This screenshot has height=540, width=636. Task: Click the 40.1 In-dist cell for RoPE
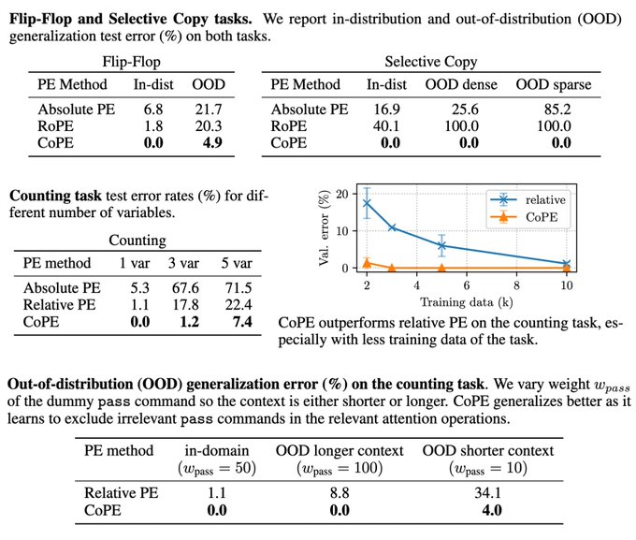[376, 126]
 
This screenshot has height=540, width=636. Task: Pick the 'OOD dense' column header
[460, 84]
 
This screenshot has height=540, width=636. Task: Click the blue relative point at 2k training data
[367, 203]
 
